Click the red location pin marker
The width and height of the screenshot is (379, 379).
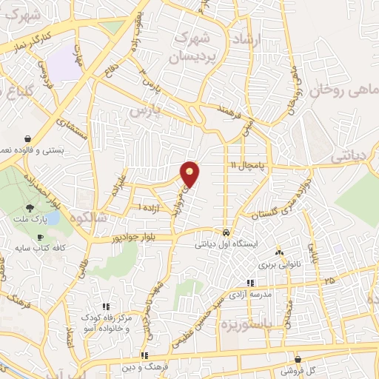191,174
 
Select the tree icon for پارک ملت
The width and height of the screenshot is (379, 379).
29,209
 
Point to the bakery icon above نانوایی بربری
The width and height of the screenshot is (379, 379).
278,252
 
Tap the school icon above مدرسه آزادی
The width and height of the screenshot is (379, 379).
250,283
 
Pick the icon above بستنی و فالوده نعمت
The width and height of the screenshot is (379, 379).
27,138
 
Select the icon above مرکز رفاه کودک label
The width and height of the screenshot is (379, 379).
106,306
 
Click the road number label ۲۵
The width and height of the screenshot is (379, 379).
329,281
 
